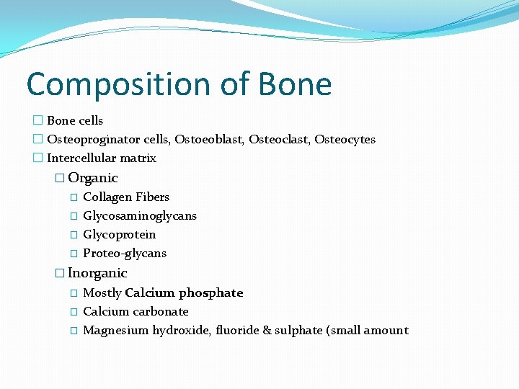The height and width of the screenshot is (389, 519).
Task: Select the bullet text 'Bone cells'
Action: (75, 120)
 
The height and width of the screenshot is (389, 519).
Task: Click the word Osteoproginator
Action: (90, 139)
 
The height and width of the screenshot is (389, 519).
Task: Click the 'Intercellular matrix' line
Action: (101, 158)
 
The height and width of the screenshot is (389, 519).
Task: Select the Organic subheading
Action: (92, 178)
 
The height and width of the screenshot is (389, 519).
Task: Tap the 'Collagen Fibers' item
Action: (126, 197)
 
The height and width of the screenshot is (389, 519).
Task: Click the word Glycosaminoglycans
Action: (140, 215)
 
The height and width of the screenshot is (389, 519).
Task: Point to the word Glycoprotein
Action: (119, 234)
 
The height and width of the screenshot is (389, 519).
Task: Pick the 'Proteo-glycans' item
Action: (125, 253)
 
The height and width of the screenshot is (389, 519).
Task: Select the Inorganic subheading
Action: (97, 273)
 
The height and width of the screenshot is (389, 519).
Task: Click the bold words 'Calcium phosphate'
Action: (184, 292)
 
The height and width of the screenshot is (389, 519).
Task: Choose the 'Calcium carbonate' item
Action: (136, 311)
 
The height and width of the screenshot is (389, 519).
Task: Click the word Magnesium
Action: (115, 330)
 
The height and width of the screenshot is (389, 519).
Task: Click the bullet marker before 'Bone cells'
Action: (37, 120)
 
